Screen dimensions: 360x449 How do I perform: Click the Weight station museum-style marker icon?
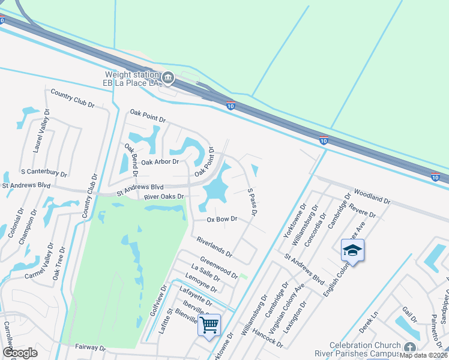tap(169, 77)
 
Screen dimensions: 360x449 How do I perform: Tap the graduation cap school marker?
tap(352, 250)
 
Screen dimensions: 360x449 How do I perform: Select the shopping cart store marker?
tap(209, 325)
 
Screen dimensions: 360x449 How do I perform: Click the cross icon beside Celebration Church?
tap(409, 348)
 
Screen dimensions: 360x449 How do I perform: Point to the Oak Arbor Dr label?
tap(160, 161)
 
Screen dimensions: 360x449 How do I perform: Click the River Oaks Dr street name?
tap(164, 196)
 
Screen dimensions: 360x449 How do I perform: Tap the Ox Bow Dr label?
tap(222, 220)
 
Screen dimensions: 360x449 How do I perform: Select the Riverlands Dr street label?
tap(214, 247)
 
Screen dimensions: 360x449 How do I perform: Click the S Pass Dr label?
tap(253, 202)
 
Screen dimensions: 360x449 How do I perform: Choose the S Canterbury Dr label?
tap(43, 173)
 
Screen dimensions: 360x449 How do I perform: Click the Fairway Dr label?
tap(91, 347)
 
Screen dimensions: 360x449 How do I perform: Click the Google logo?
tap(20, 353)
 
